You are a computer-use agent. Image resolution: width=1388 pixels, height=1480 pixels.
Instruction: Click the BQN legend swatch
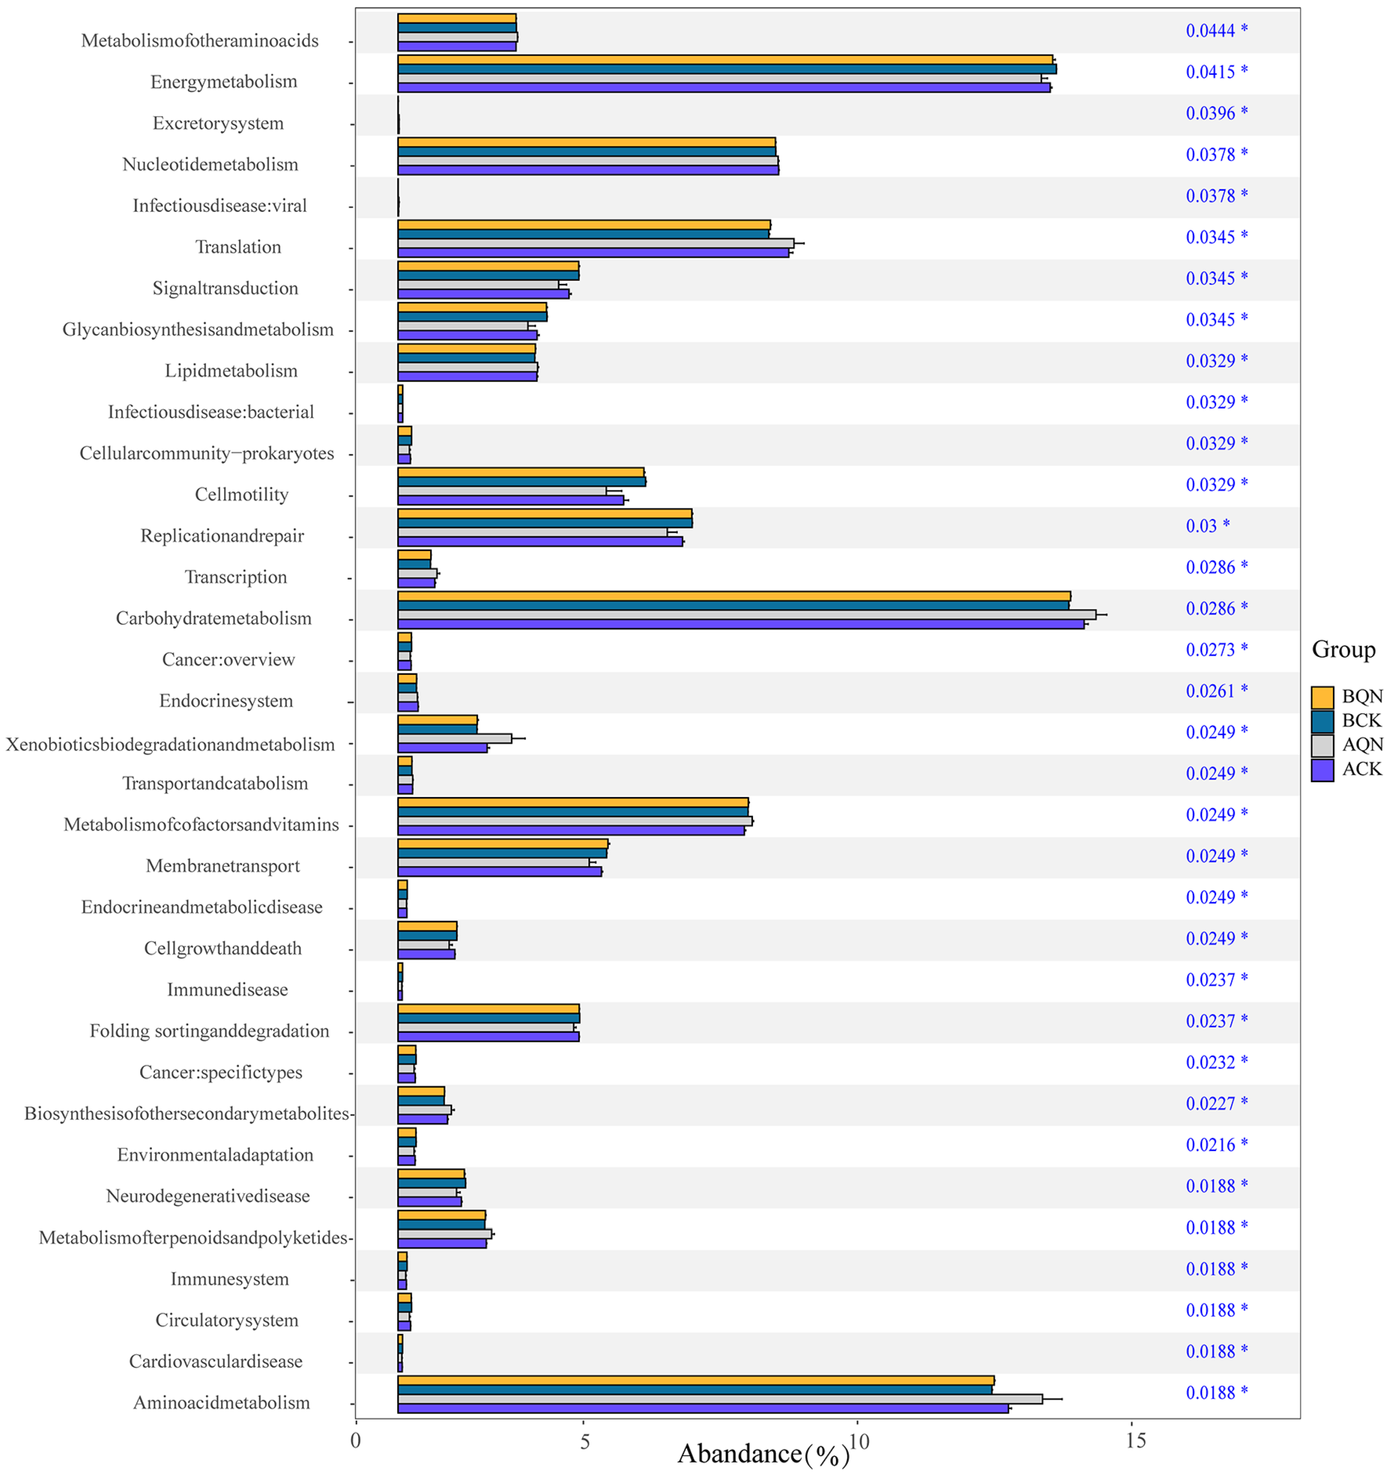click(1322, 697)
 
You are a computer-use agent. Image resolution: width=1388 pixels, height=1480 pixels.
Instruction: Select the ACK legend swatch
click(1322, 770)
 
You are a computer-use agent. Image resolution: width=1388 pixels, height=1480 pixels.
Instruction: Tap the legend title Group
click(1342, 649)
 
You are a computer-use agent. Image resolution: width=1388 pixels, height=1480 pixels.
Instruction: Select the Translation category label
click(238, 247)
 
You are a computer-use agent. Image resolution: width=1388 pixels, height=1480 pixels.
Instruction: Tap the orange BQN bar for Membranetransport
click(503, 843)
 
